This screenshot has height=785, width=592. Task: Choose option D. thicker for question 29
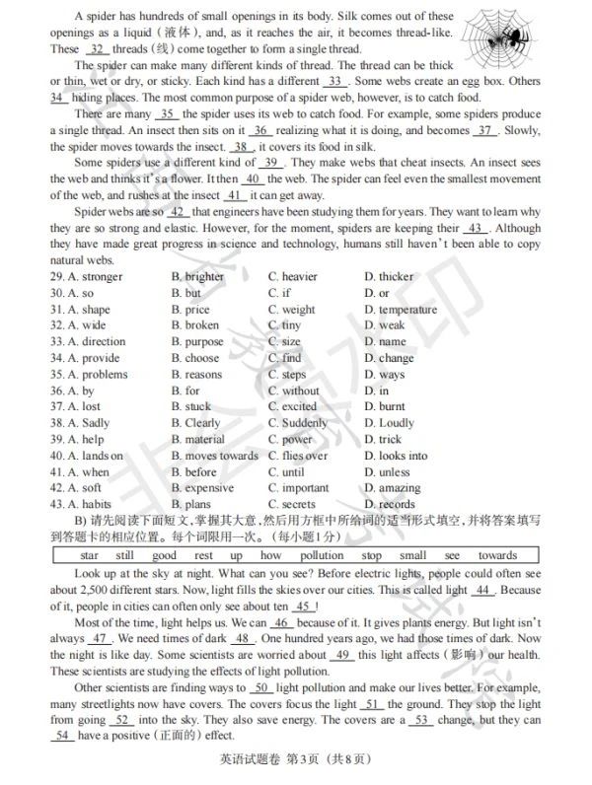pyautogui.click(x=389, y=277)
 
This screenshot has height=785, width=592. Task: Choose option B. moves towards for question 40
pyautogui.click(x=214, y=456)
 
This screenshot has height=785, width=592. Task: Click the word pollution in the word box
pyautogui.click(x=322, y=555)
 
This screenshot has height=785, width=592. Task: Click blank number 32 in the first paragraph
pyautogui.click(x=96, y=48)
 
